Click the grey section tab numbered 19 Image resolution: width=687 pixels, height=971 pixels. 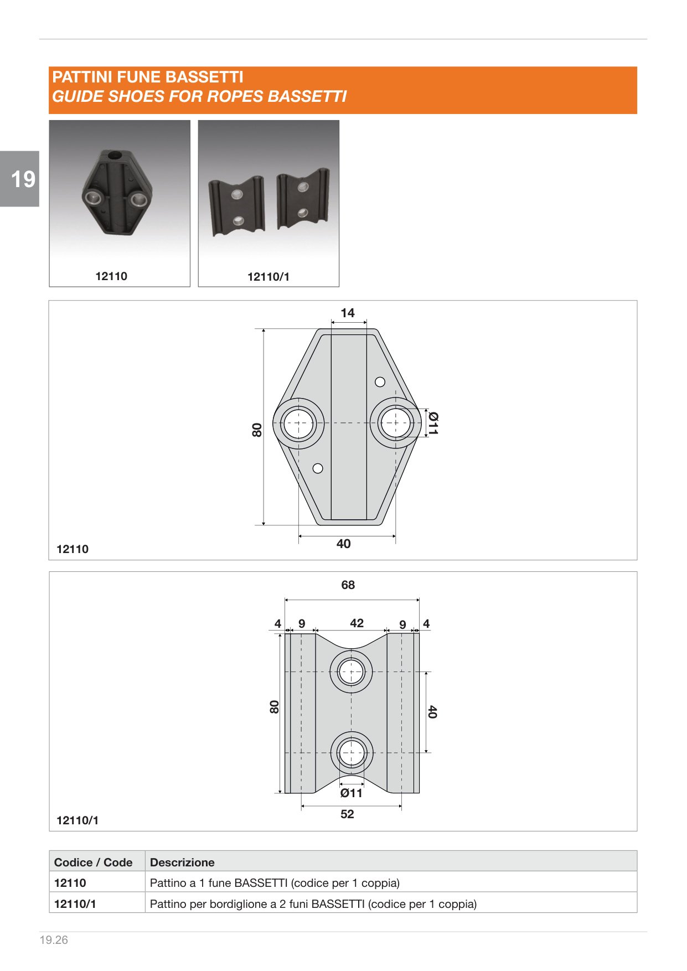(19, 179)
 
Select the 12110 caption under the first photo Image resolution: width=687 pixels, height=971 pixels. (111, 276)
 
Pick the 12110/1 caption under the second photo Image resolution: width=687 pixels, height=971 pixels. (268, 277)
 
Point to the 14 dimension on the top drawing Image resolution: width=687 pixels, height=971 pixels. (348, 313)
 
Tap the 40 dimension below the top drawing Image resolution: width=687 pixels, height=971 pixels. (344, 544)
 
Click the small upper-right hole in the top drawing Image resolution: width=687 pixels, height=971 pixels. (380, 382)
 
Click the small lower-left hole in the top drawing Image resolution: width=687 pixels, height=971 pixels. (318, 468)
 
